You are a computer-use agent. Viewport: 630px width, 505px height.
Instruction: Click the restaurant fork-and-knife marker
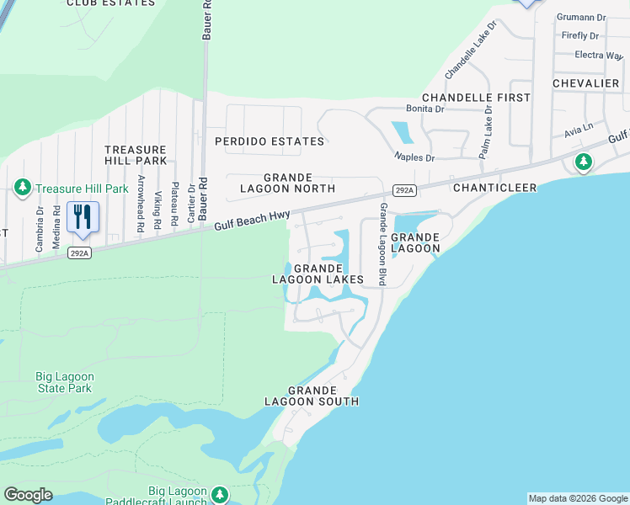point(83,217)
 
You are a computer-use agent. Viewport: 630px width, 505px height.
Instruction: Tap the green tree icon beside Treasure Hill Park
point(23,188)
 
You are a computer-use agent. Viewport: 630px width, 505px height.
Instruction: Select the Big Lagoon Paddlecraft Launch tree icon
point(220,494)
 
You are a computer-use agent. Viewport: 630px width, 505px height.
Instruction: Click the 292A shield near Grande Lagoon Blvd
point(405,190)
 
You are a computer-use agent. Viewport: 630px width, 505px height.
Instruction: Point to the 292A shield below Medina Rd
point(78,252)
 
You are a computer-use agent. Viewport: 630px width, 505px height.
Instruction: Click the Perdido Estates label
point(269,141)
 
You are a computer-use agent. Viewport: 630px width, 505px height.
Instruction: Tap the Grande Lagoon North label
point(288,183)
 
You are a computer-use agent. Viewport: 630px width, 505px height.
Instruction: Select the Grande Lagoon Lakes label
point(317,273)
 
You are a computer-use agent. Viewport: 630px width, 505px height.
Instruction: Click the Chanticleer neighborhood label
point(494,188)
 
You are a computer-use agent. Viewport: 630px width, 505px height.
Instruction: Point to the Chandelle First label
point(476,98)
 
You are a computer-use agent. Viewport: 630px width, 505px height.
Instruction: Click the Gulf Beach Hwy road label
point(252,220)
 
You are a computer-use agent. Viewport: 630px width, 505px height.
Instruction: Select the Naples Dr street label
point(414,157)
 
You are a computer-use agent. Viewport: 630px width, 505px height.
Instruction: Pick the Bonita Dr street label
point(424,109)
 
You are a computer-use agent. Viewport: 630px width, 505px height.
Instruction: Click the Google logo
point(28,495)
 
